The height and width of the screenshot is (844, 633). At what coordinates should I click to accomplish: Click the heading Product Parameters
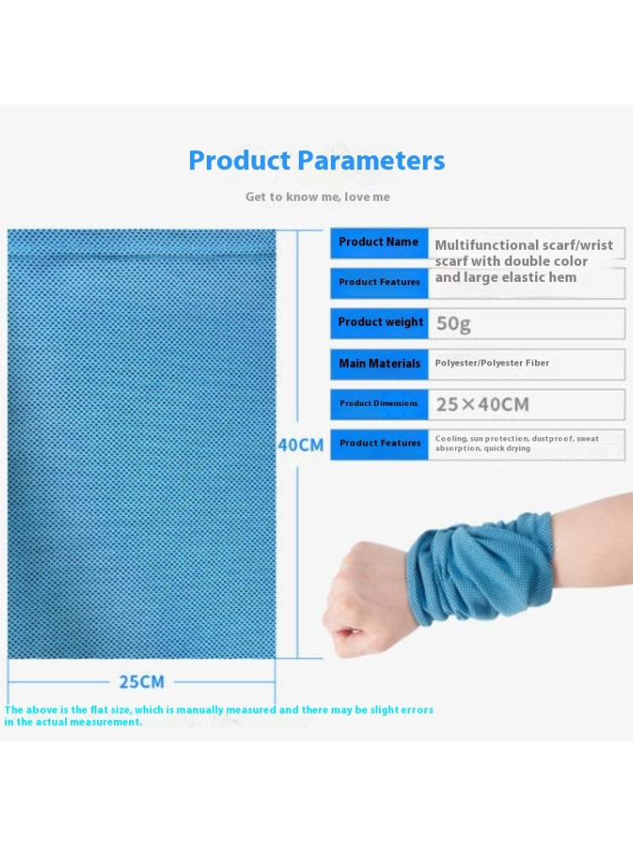click(316, 160)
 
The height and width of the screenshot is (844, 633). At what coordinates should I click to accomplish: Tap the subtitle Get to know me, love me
click(317, 197)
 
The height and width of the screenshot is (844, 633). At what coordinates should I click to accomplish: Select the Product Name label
click(378, 242)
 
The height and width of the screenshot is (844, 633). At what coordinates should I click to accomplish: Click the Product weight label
click(381, 322)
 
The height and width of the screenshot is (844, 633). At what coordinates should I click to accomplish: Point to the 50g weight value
click(453, 324)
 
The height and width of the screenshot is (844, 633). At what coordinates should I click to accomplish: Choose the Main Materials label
click(380, 364)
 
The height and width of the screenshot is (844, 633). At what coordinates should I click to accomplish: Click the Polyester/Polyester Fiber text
click(492, 363)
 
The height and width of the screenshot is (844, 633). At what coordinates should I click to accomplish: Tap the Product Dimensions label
click(378, 403)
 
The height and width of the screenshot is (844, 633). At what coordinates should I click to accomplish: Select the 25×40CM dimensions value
click(482, 404)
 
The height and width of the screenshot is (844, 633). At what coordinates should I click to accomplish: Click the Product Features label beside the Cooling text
click(380, 443)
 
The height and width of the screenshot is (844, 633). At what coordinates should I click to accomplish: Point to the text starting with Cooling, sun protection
click(517, 444)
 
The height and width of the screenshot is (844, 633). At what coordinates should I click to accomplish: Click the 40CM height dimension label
click(301, 445)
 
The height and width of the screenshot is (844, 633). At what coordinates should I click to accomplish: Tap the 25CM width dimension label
click(142, 682)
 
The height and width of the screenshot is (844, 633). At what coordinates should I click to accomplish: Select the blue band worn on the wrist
click(479, 570)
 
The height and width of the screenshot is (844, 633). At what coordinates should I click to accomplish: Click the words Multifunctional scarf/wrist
click(524, 246)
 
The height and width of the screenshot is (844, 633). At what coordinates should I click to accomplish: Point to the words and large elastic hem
click(506, 278)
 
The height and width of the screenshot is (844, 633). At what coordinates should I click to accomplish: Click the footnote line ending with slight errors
click(219, 710)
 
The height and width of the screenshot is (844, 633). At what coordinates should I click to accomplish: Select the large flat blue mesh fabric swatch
click(142, 444)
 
